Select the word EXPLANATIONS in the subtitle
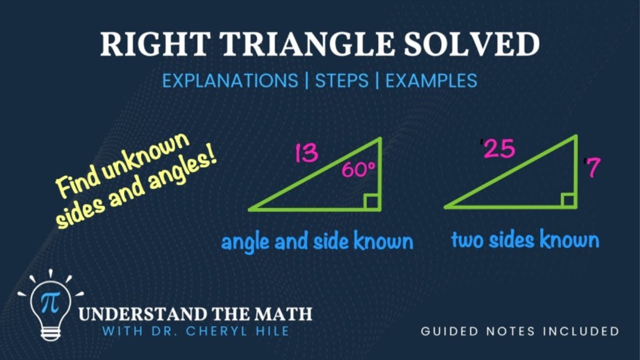(230, 80)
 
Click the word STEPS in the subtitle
(341, 80)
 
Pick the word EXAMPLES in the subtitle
(431, 80)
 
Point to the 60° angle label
(358, 170)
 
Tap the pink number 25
(498, 149)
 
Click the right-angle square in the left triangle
(371, 201)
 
